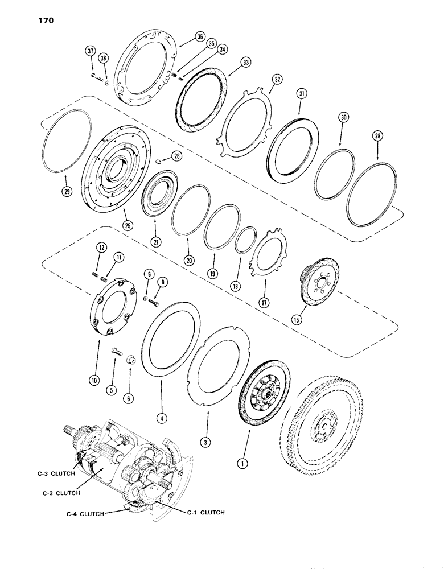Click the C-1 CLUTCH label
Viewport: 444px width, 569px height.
(206, 512)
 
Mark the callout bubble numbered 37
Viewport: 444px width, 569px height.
(90, 51)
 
